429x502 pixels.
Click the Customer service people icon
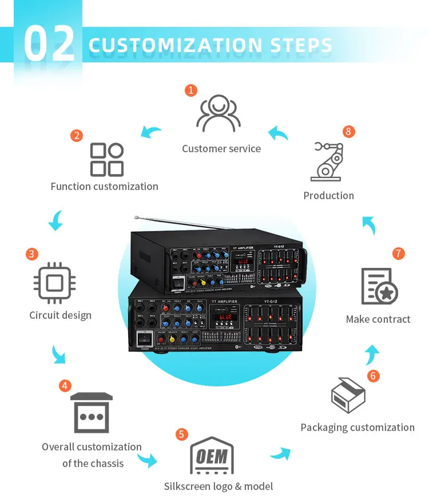click(x=218, y=113)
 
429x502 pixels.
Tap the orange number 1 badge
click(x=191, y=90)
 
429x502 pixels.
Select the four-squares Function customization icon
click(x=107, y=160)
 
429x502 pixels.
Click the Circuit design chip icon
click(x=54, y=283)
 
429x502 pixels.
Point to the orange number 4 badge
click(x=65, y=386)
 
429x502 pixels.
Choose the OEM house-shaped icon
click(x=212, y=456)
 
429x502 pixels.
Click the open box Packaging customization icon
click(x=348, y=396)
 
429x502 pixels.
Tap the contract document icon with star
click(x=379, y=286)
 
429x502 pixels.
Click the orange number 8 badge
click(x=348, y=132)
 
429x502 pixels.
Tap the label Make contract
click(x=378, y=319)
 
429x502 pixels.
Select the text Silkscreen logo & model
click(x=219, y=487)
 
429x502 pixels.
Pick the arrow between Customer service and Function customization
click(x=152, y=133)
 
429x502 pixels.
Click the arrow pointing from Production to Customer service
click(x=279, y=134)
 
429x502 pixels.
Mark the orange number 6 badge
click(x=374, y=376)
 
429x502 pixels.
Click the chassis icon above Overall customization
click(x=92, y=413)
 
